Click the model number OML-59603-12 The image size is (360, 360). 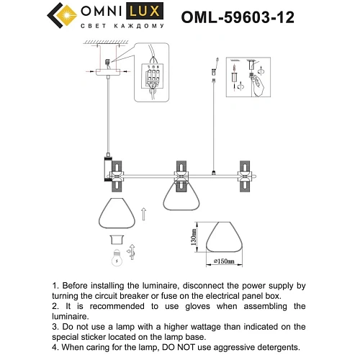[x=238, y=17]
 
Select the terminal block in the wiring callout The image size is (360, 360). [x=153, y=76]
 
